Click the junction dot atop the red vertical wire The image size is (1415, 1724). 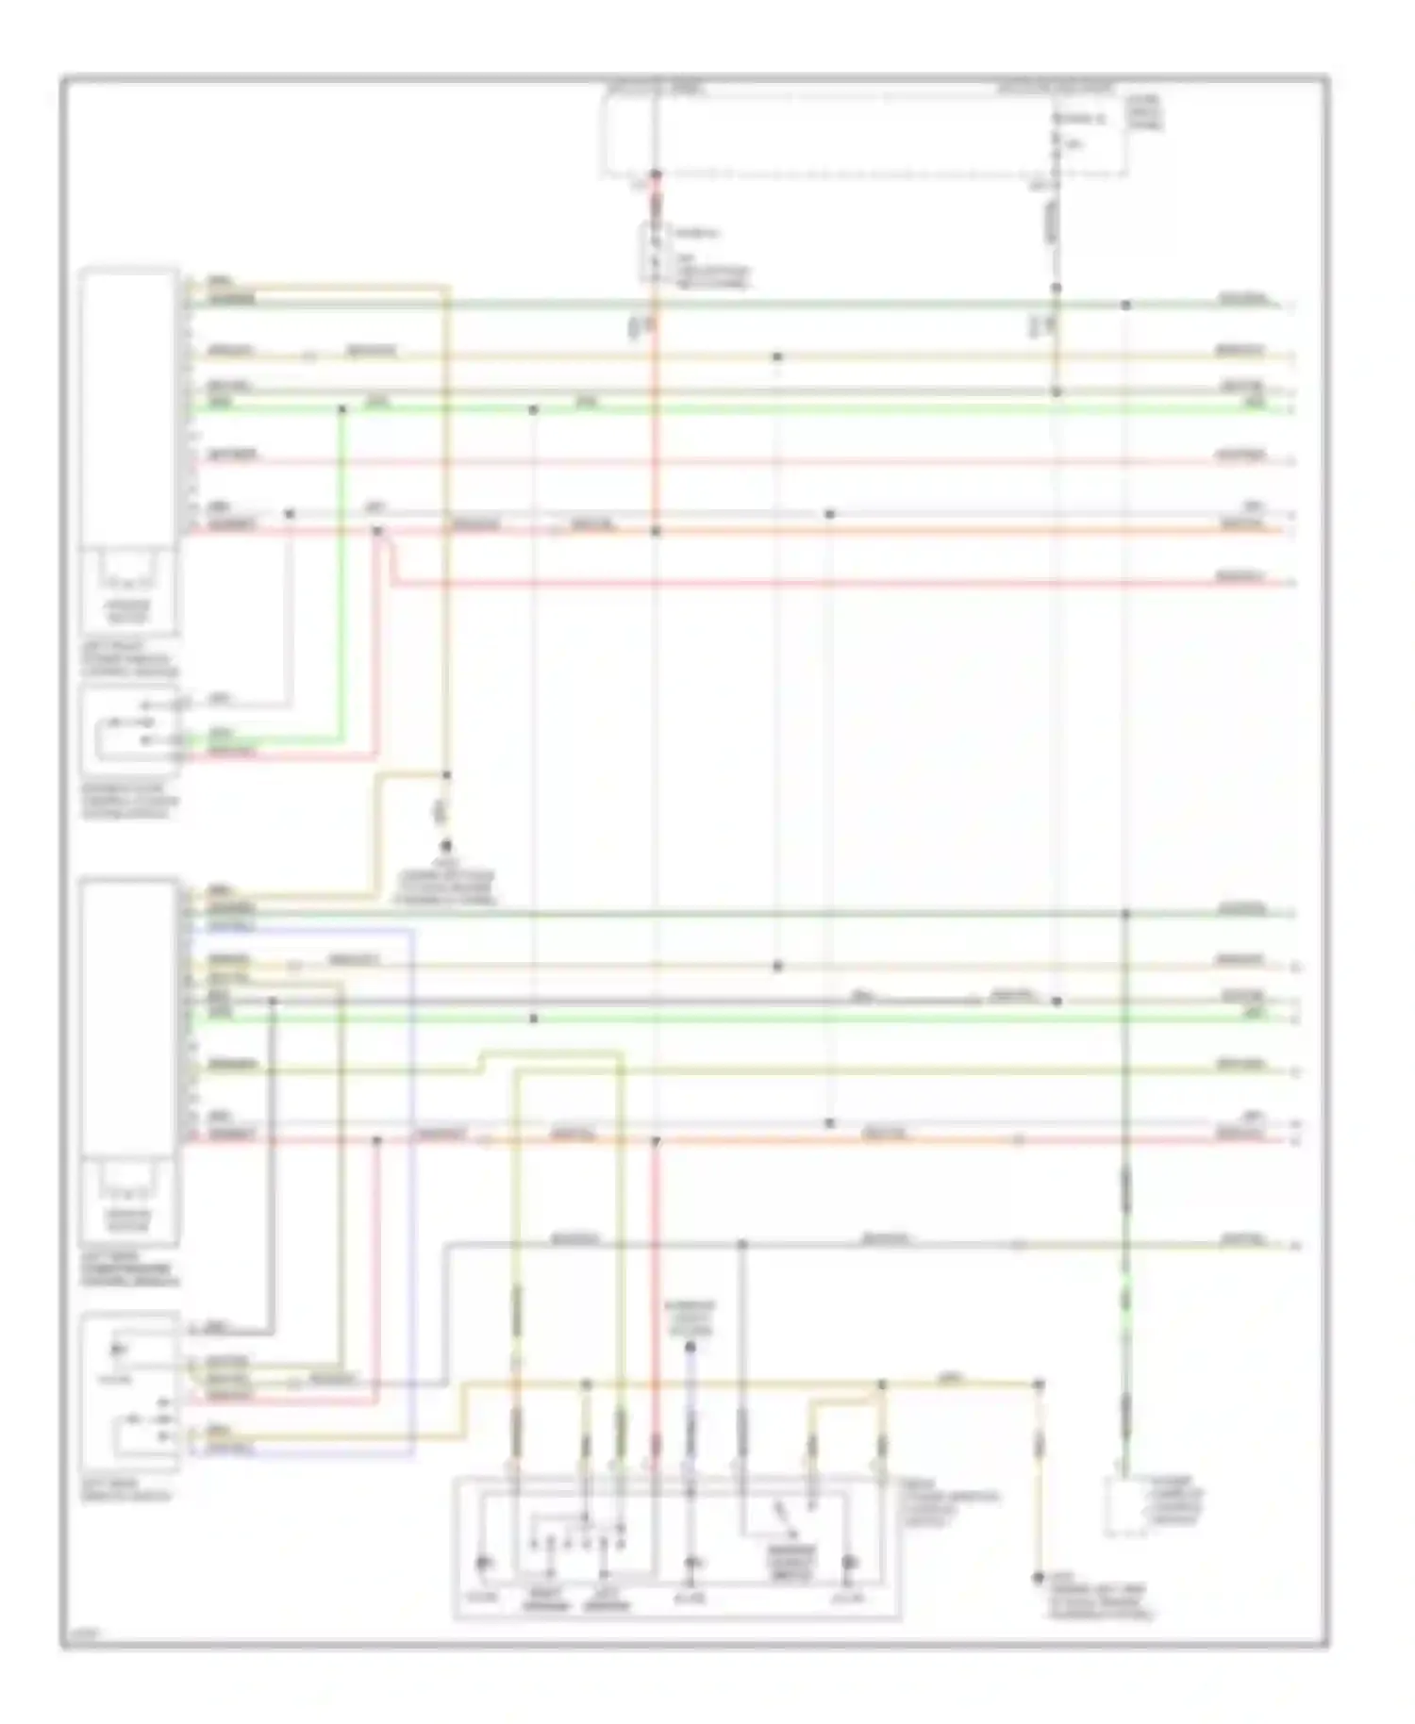pyautogui.click(x=656, y=174)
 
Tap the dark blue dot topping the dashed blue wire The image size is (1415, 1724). pyautogui.click(x=691, y=1348)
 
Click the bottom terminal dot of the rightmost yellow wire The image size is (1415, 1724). pyautogui.click(x=1039, y=1578)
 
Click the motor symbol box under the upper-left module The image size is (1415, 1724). pyautogui.click(x=128, y=589)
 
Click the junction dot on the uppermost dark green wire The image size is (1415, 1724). pyautogui.click(x=1125, y=305)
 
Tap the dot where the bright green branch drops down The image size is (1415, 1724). pyautogui.click(x=342, y=409)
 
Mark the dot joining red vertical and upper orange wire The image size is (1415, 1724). pyautogui.click(x=656, y=532)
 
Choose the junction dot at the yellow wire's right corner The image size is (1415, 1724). pyautogui.click(x=1039, y=1384)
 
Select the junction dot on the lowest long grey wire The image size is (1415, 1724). pyautogui.click(x=741, y=1245)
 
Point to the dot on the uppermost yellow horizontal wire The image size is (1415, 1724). pyautogui.click(x=777, y=356)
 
